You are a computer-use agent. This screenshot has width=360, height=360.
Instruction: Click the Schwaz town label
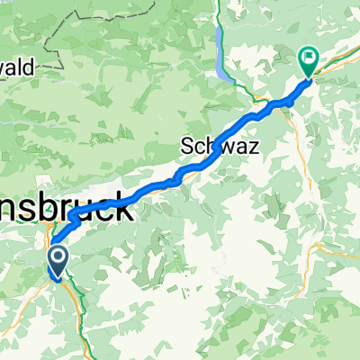220,144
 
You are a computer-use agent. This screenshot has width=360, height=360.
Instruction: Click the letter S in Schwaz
189,144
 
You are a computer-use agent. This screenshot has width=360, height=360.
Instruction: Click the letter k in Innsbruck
126,212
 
